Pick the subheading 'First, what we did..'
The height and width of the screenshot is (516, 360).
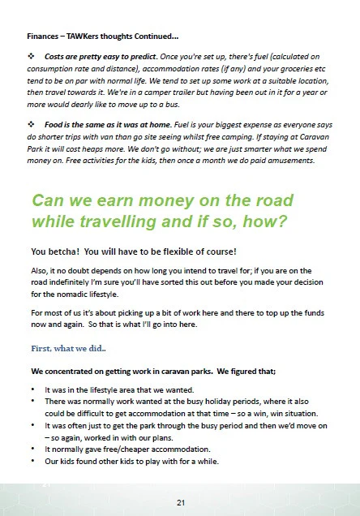pyautogui.click(x=70, y=347)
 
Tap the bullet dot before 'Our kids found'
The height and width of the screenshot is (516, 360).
pyautogui.click(x=32, y=461)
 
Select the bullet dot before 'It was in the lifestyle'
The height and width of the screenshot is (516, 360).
pyautogui.click(x=32, y=389)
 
